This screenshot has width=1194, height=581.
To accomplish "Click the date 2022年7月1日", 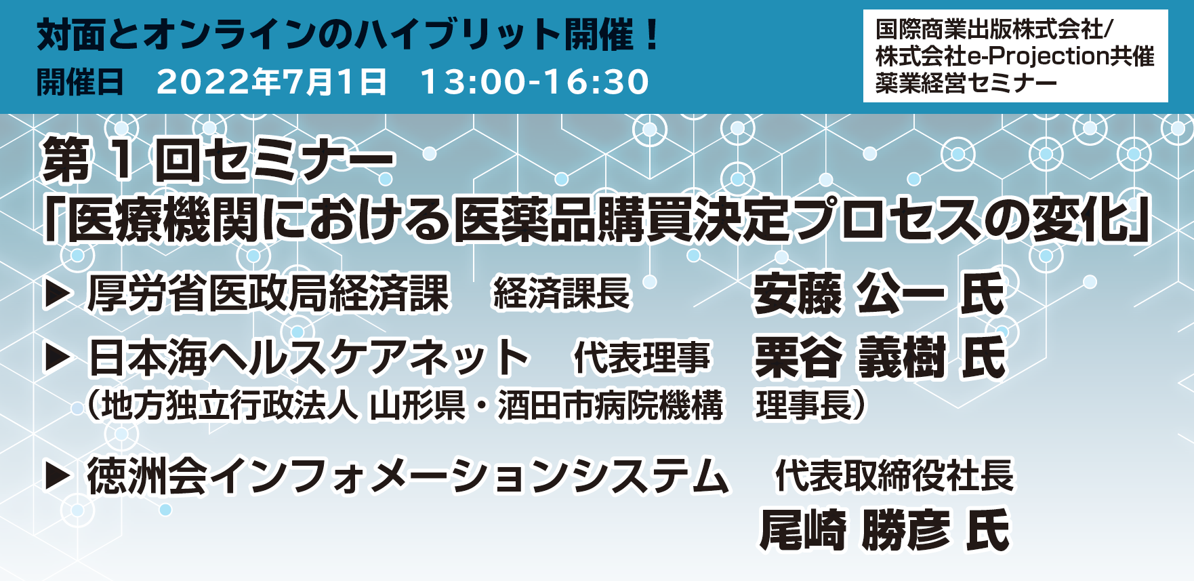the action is coord(272,82).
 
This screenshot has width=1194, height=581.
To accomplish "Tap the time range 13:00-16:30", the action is coord(535,82).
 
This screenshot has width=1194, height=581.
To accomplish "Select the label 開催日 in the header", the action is coord(79,82).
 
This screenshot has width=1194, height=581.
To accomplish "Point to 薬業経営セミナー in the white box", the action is coord(966,83).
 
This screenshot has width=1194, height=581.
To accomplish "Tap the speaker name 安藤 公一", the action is coord(849,294).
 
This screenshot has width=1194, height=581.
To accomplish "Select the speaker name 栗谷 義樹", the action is coord(850,357).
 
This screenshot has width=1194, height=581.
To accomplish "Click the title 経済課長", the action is coord(562,294).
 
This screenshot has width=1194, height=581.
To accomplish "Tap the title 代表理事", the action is coord(642,357).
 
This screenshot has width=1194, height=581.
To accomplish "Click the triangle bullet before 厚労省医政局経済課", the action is coord(58,295).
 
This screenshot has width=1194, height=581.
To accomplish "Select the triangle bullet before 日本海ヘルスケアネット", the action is coord(58,359).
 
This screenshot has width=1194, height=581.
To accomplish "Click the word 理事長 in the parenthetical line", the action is coord(803,405).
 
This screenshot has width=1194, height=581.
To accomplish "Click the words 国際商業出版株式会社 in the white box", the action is coord(989,30).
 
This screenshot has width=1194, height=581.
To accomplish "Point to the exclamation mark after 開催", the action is coord(653,35).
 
